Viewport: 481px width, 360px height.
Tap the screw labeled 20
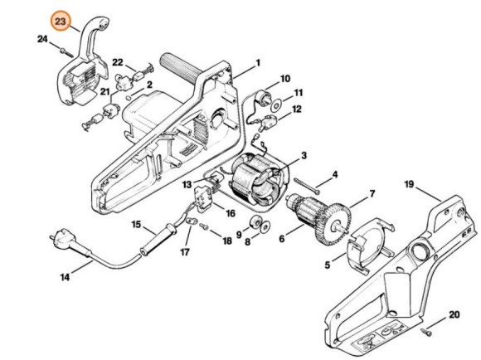pyautogui.click(x=422, y=330)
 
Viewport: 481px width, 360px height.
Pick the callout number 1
pyautogui.click(x=257, y=62)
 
